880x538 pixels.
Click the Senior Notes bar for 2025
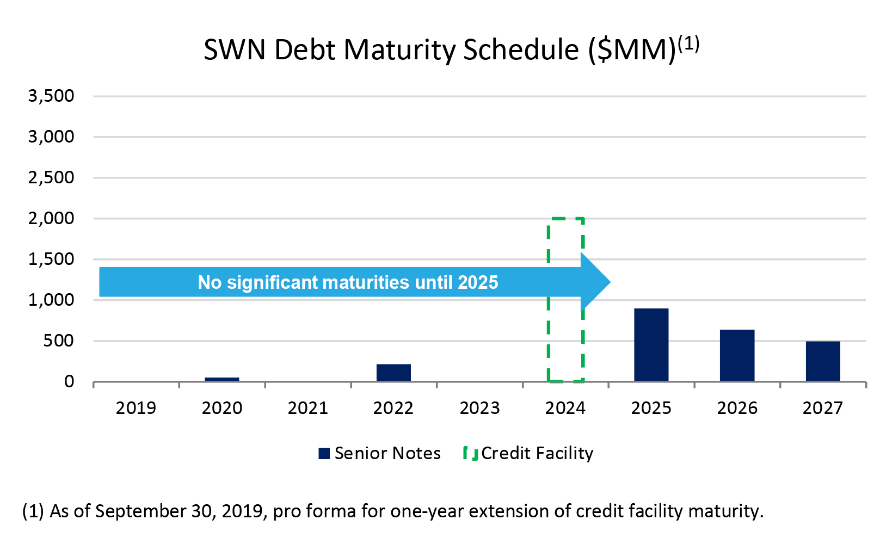point(651,345)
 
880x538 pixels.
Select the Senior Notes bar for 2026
point(737,355)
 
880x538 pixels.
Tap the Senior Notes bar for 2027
point(822,361)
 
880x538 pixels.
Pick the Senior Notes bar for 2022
point(393,373)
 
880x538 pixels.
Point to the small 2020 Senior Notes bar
point(222,379)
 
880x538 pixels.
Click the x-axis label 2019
point(136,408)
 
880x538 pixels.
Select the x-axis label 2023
point(479,408)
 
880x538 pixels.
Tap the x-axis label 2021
point(307,408)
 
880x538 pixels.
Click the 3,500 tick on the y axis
point(51,96)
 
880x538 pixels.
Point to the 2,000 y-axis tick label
point(51,219)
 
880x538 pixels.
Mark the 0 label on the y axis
point(69,382)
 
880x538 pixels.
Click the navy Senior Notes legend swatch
point(324,454)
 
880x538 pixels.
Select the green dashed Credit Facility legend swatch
point(471,454)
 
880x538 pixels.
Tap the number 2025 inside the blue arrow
point(478,282)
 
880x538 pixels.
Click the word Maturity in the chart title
point(400,50)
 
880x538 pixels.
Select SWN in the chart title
point(235,50)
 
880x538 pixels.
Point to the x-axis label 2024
point(565,408)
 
